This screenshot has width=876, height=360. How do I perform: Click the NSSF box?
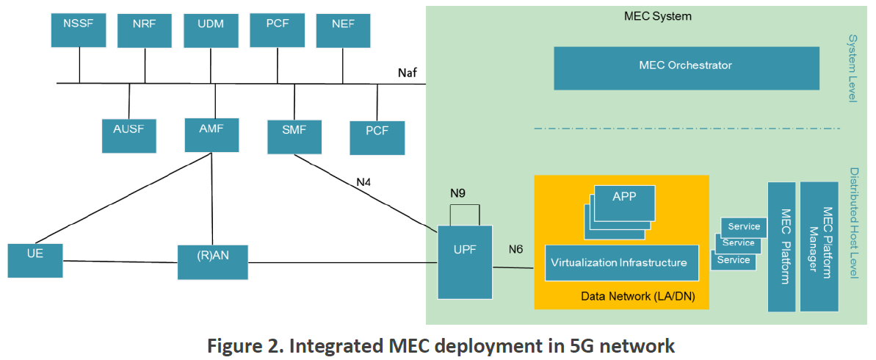(x=79, y=31)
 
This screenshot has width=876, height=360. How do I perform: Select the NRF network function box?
(x=145, y=31)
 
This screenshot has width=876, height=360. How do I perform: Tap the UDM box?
(x=211, y=31)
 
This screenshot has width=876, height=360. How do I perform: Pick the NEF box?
(x=343, y=31)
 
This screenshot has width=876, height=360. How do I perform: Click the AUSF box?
(x=129, y=136)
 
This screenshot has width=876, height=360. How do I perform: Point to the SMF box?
(x=294, y=137)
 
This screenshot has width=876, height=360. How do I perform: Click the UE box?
(x=35, y=261)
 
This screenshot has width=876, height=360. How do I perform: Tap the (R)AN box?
(x=212, y=262)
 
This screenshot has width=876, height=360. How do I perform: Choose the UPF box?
(x=465, y=262)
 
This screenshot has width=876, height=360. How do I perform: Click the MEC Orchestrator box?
(x=686, y=68)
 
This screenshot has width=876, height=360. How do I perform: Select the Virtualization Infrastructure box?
(x=621, y=263)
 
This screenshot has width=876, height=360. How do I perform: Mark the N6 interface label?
(x=515, y=249)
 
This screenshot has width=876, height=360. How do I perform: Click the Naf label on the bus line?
(x=408, y=73)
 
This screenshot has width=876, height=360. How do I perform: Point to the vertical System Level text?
(x=853, y=68)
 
